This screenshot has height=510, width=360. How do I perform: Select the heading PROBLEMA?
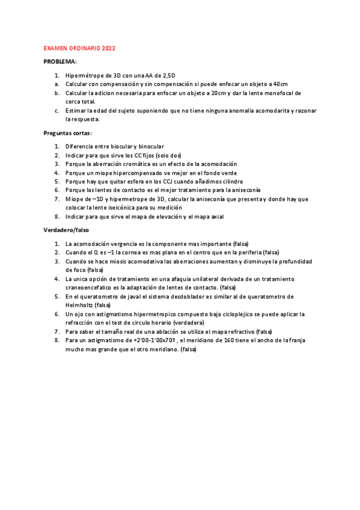pos(60,62)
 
